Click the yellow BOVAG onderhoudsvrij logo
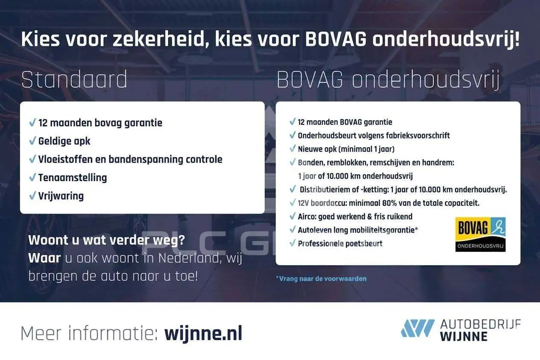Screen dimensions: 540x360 pyautogui.click(x=480, y=234)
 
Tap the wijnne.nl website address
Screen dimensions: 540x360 pyautogui.click(x=203, y=333)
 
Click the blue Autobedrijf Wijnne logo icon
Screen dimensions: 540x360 pyautogui.click(x=417, y=328)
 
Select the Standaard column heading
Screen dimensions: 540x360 pyautogui.click(x=74, y=79)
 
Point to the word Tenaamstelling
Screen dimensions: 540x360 pyautogui.click(x=73, y=177)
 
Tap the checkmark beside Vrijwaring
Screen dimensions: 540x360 pyautogui.click(x=32, y=195)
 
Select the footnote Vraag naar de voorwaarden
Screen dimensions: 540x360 pyautogui.click(x=321, y=279)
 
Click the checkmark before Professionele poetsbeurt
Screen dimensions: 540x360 pyautogui.click(x=292, y=243)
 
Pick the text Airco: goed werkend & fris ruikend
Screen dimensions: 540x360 pyautogui.click(x=355, y=216)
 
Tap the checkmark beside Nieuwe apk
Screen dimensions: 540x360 pyautogui.click(x=292, y=148)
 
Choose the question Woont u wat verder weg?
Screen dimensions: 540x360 pyautogui.click(x=106, y=240)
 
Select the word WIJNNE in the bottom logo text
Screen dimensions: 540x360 pyautogui.click(x=464, y=337)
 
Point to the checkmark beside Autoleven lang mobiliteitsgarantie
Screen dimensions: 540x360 pyautogui.click(x=292, y=229)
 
